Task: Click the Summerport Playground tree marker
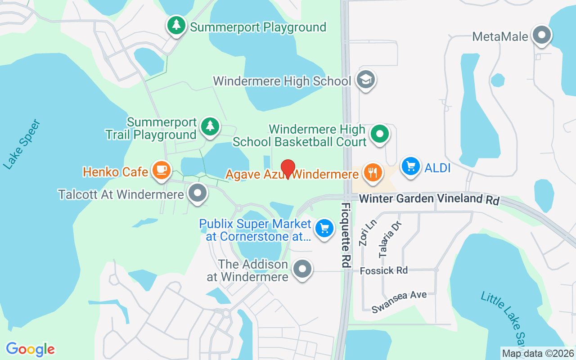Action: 176,25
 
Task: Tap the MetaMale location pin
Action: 541,35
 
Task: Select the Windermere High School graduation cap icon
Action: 365,80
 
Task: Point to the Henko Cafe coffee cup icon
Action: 161,171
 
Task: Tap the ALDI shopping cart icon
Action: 410,166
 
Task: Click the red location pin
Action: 288,169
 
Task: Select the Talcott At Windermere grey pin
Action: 197,194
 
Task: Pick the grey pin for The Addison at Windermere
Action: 302,269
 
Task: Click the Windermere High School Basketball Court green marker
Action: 380,134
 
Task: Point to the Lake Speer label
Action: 22,144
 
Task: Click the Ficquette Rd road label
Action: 346,235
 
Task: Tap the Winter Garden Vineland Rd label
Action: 429,199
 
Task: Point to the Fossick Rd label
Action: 384,270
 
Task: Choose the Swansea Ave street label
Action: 399,301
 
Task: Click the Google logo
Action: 30,349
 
